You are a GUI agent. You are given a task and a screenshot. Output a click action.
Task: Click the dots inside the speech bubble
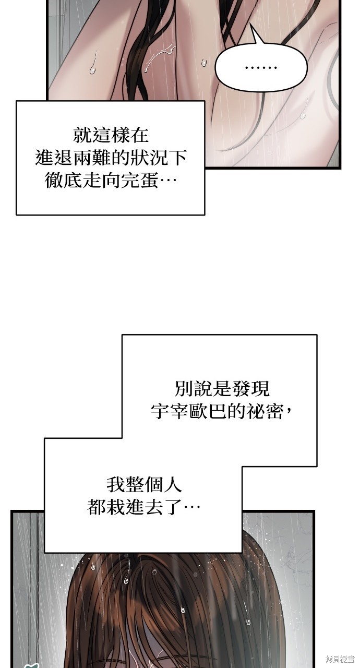pyautogui.click(x=261, y=68)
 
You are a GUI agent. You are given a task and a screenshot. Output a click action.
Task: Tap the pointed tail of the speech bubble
pyautogui.click(x=251, y=26)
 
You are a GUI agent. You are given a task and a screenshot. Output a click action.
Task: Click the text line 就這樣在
pyautogui.click(x=111, y=135)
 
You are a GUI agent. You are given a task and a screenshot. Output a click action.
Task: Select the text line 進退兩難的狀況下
pyautogui.click(x=111, y=158)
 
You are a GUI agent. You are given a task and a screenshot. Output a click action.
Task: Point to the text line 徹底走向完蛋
pyautogui.click(x=111, y=180)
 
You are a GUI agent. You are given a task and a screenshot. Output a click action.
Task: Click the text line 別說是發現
pyautogui.click(x=222, y=389)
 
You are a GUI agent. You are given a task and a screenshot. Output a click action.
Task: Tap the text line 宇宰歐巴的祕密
pyautogui.click(x=222, y=411)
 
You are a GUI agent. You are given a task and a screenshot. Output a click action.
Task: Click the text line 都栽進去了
pyautogui.click(x=144, y=507)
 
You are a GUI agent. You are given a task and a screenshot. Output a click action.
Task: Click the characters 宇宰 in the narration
pyautogui.click(x=170, y=411)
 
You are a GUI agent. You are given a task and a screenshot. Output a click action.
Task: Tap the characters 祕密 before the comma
pyautogui.click(x=264, y=411)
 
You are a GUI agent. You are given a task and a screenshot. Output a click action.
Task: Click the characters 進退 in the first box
pyautogui.click(x=54, y=158)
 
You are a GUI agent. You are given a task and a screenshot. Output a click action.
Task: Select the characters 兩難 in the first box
pyautogui.click(x=92, y=158)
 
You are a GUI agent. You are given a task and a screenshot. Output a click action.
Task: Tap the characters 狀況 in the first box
pyautogui.click(x=149, y=158)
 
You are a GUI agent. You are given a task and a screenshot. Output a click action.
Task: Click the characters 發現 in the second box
pyautogui.click(x=250, y=389)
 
